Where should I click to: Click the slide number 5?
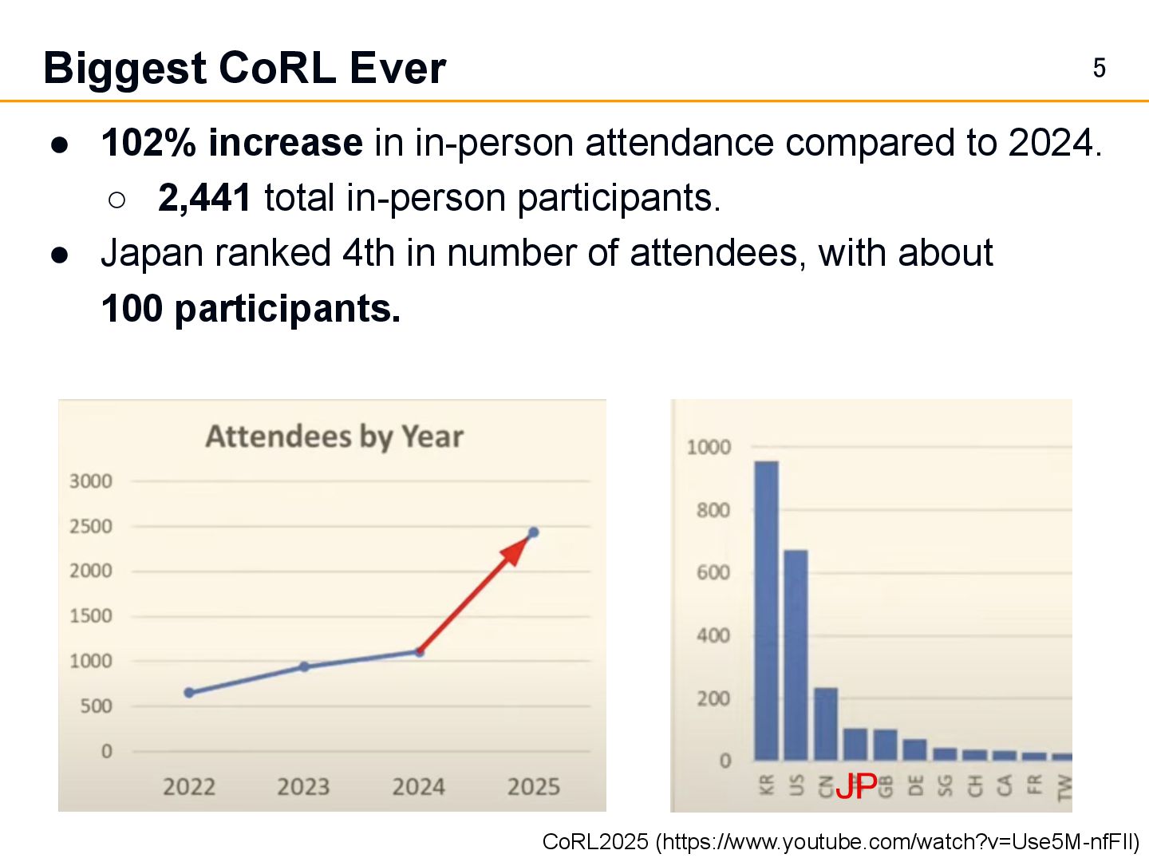[1099, 69]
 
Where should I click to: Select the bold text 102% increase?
[232, 144]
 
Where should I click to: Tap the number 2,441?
[205, 198]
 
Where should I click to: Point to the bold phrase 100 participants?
[251, 309]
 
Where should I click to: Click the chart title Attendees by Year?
[334, 437]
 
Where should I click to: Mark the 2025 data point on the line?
[533, 532]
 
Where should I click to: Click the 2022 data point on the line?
[189, 693]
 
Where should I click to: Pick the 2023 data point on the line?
[304, 666]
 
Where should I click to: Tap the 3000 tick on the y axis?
[91, 481]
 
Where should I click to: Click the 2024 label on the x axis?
[418, 787]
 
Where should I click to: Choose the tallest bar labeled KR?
[766, 611]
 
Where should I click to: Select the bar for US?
[796, 654]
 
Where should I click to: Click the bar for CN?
[826, 724]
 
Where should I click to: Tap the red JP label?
[856, 787]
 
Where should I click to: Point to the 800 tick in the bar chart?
[713, 510]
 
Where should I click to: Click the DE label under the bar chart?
[915, 785]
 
